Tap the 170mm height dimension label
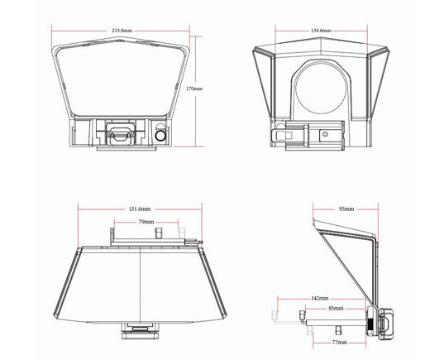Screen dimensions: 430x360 point(194,89)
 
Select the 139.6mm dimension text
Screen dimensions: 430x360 point(321,31)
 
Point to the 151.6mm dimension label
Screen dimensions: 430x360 point(140,209)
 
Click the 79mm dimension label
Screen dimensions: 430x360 point(146,222)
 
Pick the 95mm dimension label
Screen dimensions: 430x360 point(346,209)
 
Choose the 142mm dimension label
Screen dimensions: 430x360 point(320,298)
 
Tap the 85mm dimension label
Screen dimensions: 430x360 point(336,308)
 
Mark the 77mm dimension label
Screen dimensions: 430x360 point(339,343)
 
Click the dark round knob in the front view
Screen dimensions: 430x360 point(160,136)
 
